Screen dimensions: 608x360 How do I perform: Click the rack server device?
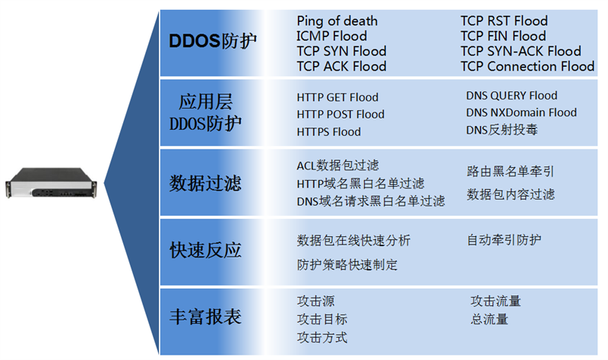51,183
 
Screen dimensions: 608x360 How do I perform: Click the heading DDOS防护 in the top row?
213,41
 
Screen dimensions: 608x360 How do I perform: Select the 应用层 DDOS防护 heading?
205,112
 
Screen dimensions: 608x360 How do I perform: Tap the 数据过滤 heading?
205,183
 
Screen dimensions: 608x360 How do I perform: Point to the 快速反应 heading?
205,250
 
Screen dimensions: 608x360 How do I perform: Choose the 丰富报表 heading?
205,317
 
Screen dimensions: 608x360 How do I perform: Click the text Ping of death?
337,21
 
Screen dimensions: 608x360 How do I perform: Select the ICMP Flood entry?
331,36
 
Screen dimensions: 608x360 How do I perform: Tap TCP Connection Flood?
527,66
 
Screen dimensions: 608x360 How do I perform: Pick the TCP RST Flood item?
504,21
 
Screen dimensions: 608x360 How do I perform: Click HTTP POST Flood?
340,115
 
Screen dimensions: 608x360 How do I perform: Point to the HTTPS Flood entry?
328,131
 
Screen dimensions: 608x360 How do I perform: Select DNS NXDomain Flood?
521,112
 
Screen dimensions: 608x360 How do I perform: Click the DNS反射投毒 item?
502,130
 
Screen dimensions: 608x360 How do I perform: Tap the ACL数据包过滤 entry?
337,166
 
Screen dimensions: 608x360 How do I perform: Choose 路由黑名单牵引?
510,172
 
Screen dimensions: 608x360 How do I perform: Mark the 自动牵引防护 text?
504,240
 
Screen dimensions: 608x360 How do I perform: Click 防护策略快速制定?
347,264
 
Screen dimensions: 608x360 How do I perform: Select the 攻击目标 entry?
321,319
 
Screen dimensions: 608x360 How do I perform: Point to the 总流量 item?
489,319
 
